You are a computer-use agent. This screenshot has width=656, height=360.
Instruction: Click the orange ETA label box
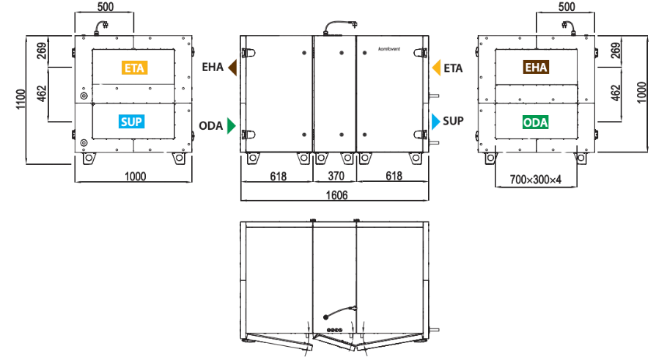click(x=134, y=67)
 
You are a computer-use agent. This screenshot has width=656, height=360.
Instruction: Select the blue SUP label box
click(x=131, y=122)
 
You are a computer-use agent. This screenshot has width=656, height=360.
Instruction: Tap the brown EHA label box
click(x=536, y=67)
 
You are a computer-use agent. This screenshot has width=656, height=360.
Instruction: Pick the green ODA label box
click(x=536, y=122)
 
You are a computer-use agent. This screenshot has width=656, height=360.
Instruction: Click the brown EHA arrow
click(x=232, y=67)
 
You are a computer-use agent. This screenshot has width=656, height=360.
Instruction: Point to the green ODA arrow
click(x=232, y=125)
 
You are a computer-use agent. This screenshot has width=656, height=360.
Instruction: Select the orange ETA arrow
click(x=436, y=67)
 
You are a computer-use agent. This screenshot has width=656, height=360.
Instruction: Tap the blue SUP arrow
click(x=435, y=122)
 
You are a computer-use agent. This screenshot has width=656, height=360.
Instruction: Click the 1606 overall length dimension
click(x=336, y=195)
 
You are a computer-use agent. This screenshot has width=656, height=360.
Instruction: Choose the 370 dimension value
click(x=336, y=176)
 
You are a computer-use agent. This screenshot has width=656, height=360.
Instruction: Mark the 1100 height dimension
click(x=21, y=99)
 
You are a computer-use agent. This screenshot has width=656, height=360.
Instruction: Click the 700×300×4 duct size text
click(x=536, y=180)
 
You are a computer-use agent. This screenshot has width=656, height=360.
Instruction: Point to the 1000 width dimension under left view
click(x=135, y=176)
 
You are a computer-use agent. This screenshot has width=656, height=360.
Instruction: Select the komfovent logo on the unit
click(x=389, y=49)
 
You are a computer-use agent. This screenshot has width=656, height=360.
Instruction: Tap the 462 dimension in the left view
click(x=42, y=93)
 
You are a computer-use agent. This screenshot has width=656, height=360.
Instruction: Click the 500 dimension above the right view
click(x=567, y=7)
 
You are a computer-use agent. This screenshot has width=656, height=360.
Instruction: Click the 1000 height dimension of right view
click(x=641, y=92)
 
